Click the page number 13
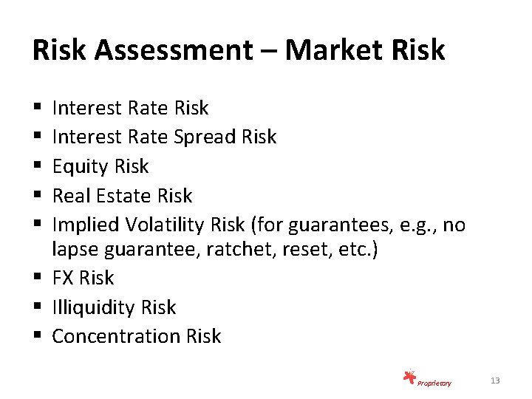pyautogui.click(x=495, y=381)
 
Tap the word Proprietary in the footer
pyautogui.click(x=434, y=383)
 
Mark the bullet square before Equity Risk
pyautogui.click(x=37, y=167)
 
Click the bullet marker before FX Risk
pyautogui.click(x=37, y=278)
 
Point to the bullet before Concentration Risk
pyautogui.click(x=37, y=336)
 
